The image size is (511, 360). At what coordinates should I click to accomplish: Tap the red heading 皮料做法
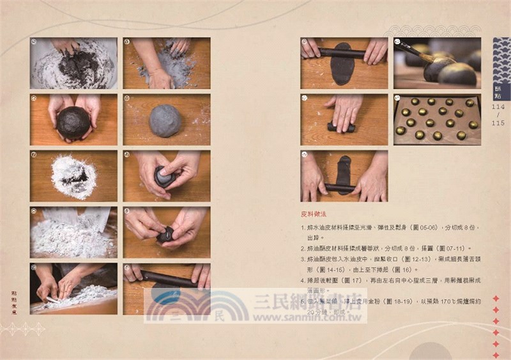[x=315, y=214]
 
